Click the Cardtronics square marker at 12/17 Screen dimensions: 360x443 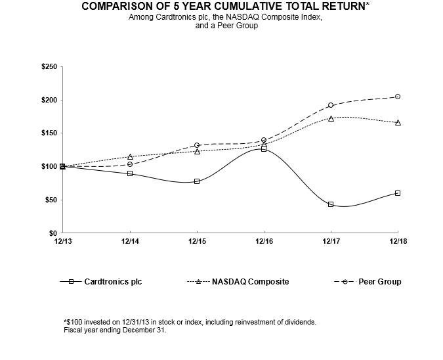coord(331,204)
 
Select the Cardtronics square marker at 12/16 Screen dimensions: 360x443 coord(264,149)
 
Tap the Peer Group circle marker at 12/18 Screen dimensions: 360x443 coord(398,97)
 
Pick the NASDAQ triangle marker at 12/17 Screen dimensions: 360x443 coord(331,118)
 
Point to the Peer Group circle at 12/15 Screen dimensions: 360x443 coord(197,145)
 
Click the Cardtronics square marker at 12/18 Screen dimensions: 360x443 coord(398,193)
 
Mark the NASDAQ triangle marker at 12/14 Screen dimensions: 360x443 coord(130,156)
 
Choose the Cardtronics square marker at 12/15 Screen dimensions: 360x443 coord(197,181)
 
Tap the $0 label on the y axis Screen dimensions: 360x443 coord(52,233)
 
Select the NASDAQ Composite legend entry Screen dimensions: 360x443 coord(250,282)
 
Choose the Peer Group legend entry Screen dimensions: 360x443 coord(379,282)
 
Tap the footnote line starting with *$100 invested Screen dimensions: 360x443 coord(190,322)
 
